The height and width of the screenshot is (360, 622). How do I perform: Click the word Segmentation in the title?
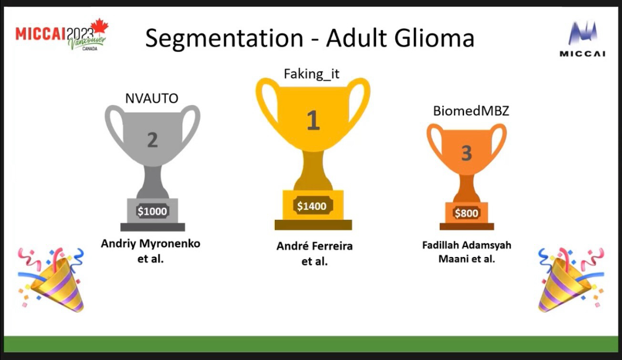tap(224, 39)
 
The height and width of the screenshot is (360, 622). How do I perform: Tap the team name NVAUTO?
tap(152, 99)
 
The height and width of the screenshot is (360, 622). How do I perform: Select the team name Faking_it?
tap(311, 74)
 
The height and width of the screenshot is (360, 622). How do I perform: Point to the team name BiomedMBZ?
tap(471, 111)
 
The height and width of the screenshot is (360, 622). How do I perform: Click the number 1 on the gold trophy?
tap(313, 120)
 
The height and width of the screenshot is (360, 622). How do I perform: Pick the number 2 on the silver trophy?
tap(153, 140)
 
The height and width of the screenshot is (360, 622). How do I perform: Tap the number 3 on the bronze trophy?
tap(466, 153)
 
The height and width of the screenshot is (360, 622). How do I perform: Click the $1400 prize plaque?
tap(312, 206)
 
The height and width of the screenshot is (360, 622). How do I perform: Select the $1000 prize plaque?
tap(153, 212)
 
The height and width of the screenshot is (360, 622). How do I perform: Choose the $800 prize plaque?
tap(466, 213)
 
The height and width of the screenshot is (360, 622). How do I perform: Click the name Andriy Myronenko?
tap(151, 244)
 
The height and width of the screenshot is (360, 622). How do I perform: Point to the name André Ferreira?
tap(315, 246)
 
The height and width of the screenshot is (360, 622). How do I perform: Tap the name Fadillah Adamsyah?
tap(467, 246)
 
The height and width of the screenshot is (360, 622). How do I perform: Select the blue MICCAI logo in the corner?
tap(582, 39)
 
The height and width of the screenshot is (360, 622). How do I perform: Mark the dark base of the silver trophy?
tap(153, 227)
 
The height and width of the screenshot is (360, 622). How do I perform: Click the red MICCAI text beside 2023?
tap(41, 33)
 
